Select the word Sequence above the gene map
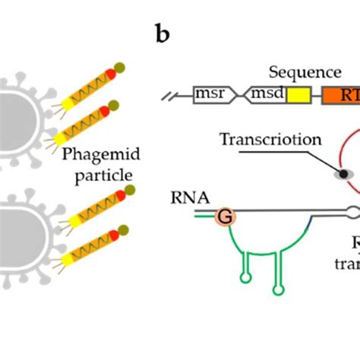pos(305,73)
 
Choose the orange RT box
pos(341,96)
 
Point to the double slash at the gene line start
pos(169,96)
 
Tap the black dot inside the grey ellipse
pos(343,174)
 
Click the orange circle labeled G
pos(226,216)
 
